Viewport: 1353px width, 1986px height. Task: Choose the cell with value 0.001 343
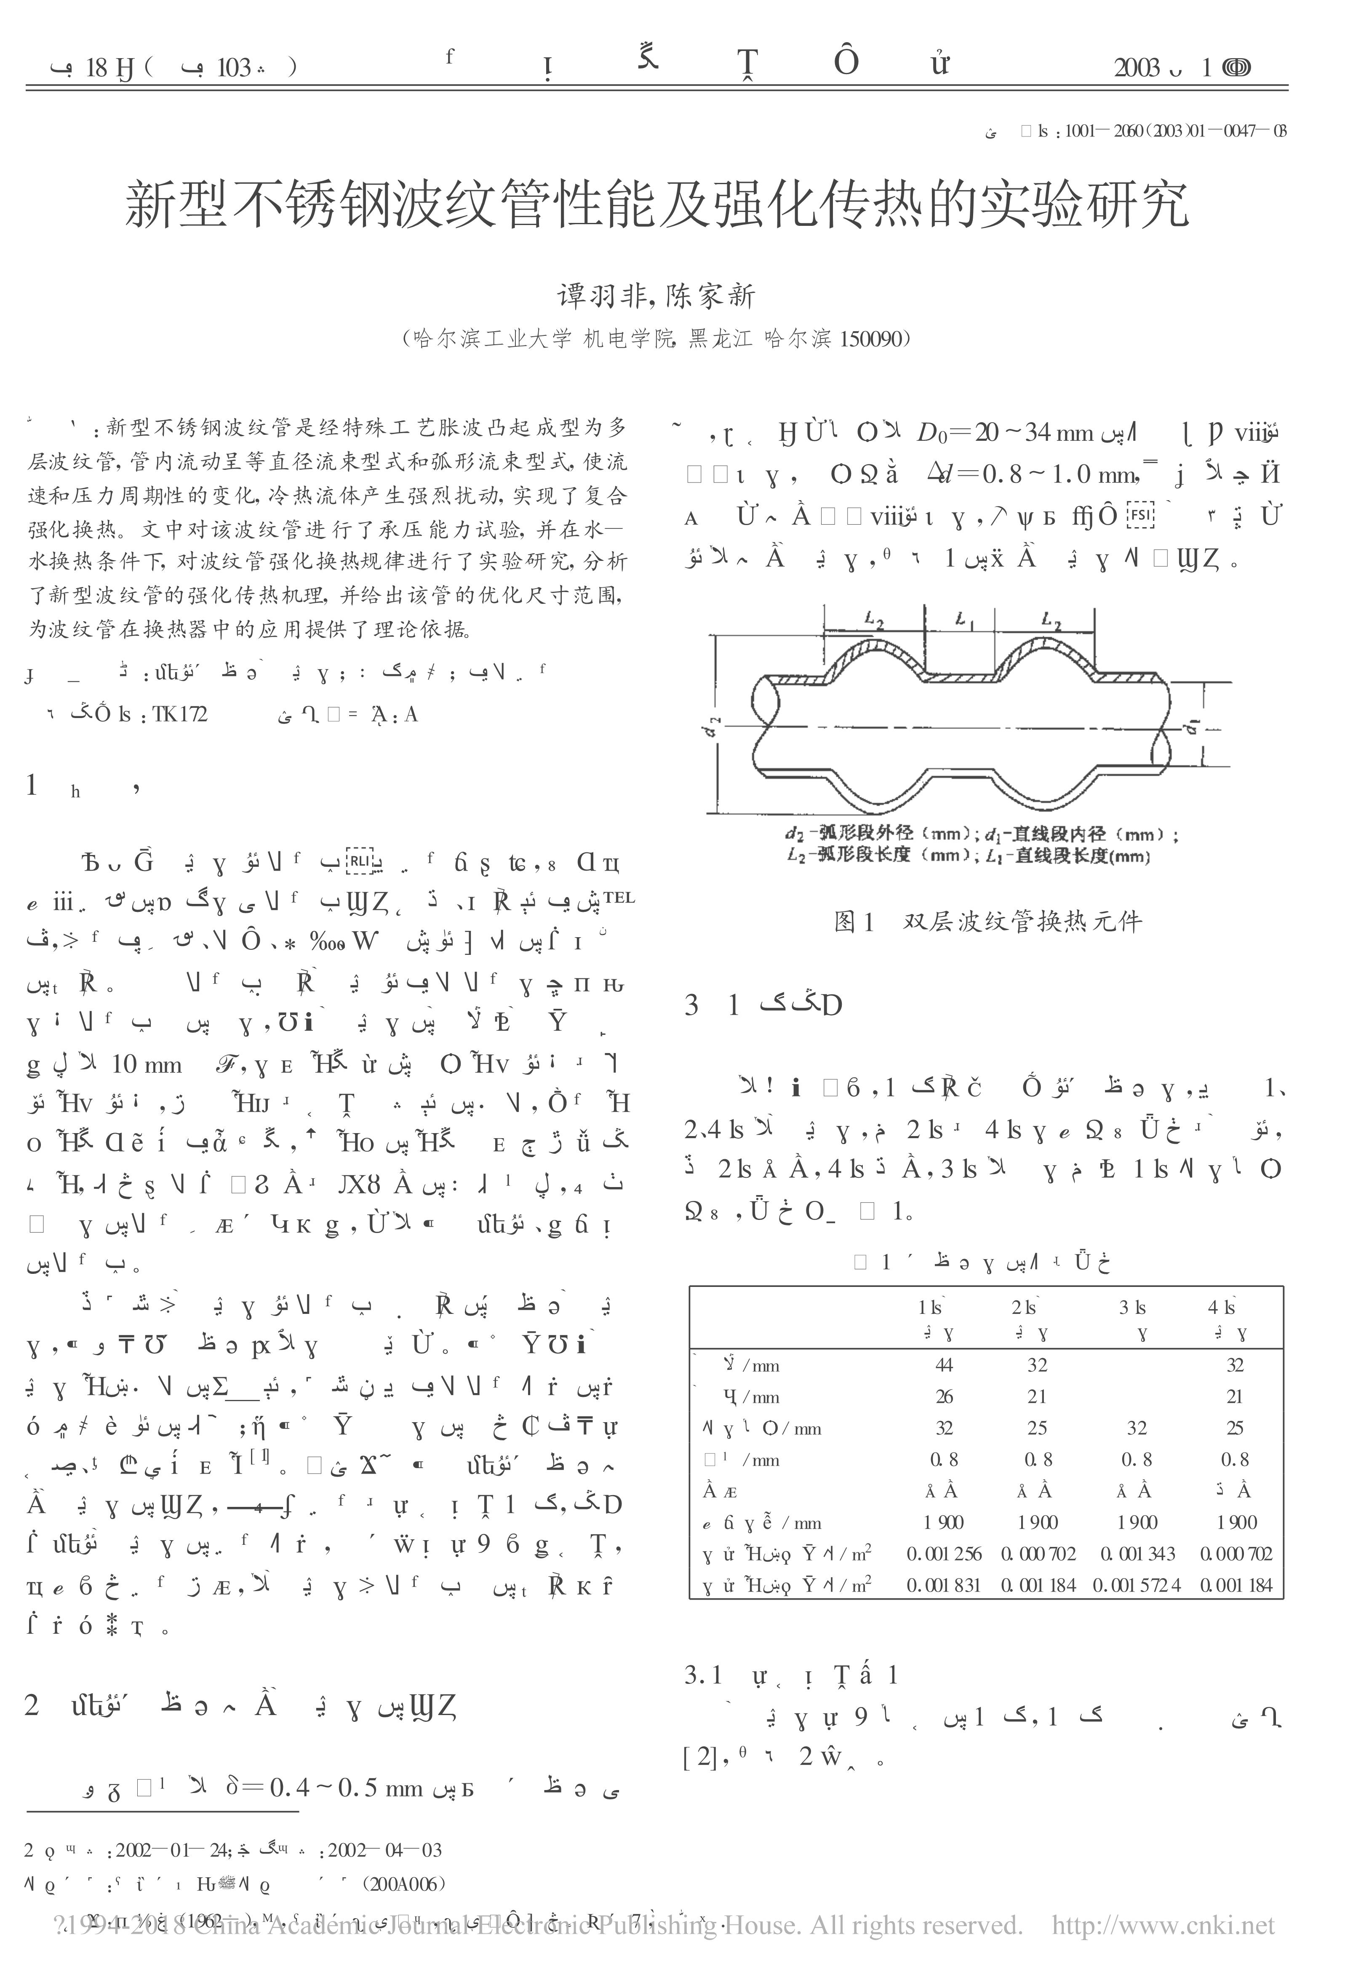[1137, 1554]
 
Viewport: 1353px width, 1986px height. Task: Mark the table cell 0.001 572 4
[1137, 1585]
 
